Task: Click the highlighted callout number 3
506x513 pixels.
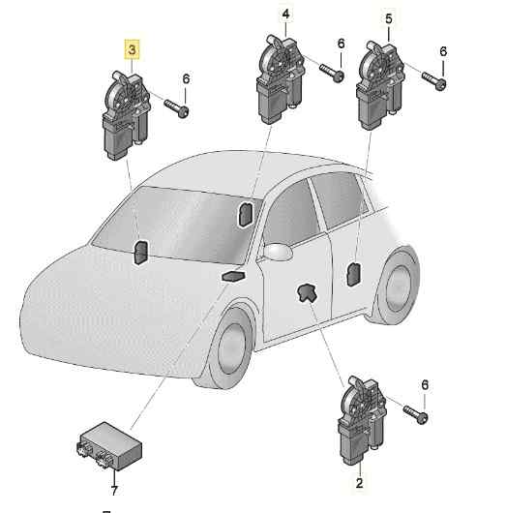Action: tap(127, 48)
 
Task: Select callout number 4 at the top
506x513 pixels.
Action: tap(284, 15)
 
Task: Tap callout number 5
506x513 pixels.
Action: tap(389, 18)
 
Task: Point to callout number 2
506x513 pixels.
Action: tap(359, 481)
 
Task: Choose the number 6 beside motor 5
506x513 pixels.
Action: tap(443, 51)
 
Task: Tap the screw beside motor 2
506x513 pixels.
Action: tap(417, 413)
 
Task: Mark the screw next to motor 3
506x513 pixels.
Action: tap(176, 107)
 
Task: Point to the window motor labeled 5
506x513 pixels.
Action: tap(380, 82)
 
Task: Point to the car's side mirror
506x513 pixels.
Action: tap(278, 253)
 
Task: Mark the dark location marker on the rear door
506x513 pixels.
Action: tap(354, 275)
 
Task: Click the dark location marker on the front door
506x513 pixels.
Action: tap(309, 294)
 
